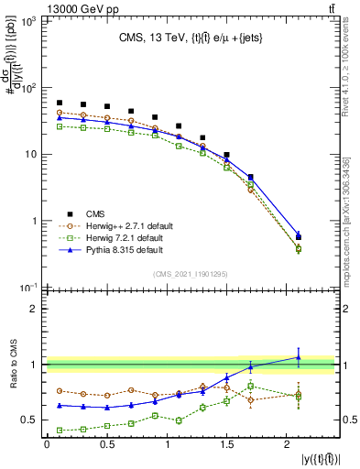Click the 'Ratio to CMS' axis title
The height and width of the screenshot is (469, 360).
coord(12,365)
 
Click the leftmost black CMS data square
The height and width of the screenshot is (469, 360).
coord(60,104)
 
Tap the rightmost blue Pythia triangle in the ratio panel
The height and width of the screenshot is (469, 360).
coord(298,357)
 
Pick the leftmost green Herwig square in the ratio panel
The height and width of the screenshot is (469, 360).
coord(60,430)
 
